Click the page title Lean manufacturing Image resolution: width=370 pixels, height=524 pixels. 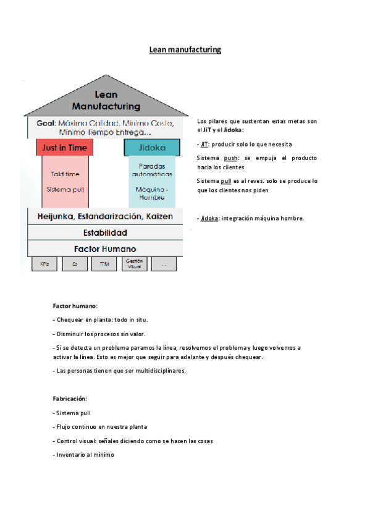coord(185,49)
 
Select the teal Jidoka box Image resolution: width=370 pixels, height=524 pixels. coord(152,148)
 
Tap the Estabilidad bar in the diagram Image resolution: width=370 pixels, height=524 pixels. coord(105,233)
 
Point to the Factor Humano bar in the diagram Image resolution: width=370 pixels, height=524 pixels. coord(105,248)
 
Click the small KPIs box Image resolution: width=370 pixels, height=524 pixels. coord(44,264)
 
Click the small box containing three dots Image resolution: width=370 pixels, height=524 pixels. coord(164,264)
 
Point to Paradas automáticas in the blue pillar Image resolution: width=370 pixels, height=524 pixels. coord(152,171)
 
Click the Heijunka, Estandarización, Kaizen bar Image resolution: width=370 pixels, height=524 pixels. coord(105,216)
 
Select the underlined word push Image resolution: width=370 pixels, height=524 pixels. coord(230,158)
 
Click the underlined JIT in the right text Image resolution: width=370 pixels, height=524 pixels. coord(204,144)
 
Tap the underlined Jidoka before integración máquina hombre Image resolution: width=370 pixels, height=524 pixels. coord(210,218)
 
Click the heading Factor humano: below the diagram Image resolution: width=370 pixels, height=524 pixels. coord(75,306)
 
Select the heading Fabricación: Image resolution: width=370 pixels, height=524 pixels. coord(70,399)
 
